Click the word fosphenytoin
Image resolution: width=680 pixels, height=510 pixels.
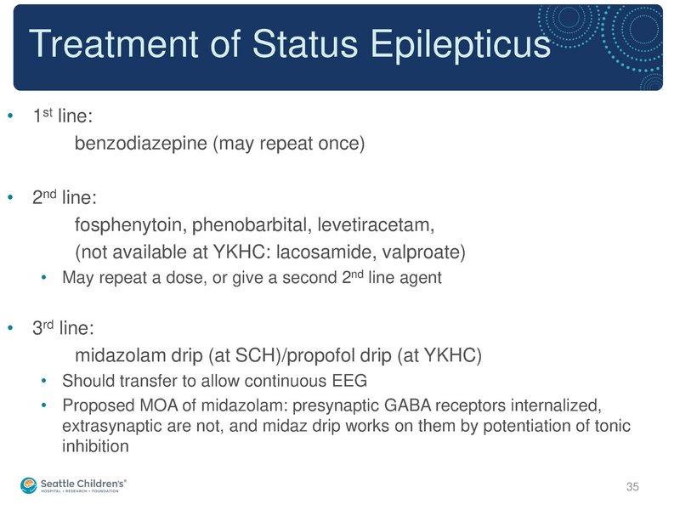coord(127,225)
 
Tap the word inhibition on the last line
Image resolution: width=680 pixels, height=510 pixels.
coord(94,446)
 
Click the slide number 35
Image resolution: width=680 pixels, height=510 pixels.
coord(631,487)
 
